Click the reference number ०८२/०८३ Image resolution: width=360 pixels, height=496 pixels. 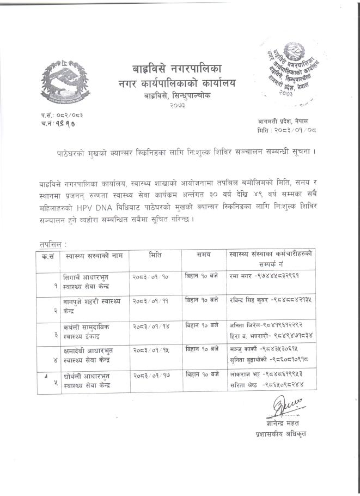[66, 116]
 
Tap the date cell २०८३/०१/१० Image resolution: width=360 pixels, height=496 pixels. [150, 276]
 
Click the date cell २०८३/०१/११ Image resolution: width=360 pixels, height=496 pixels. [150, 301]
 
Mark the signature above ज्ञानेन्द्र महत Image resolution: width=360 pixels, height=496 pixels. [284, 407]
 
